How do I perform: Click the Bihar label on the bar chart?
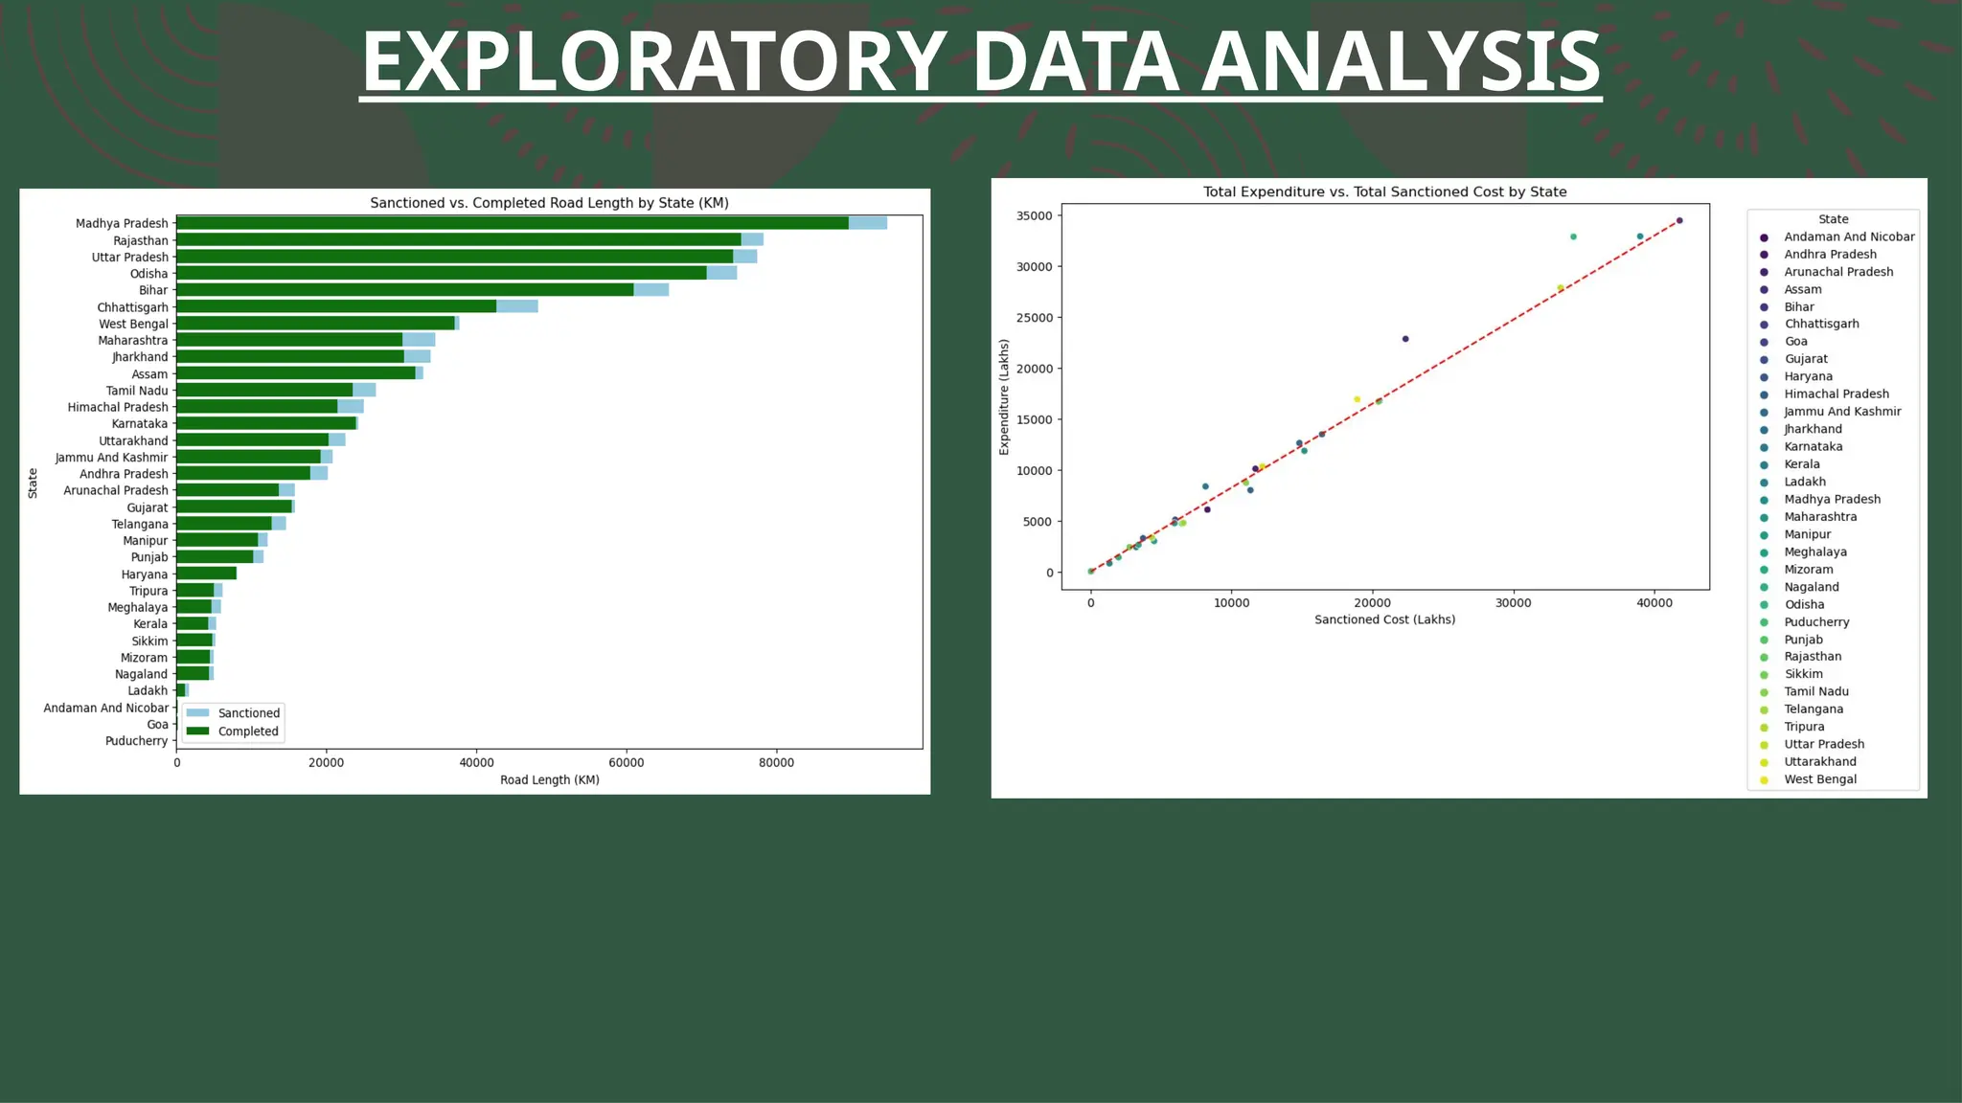(x=152, y=290)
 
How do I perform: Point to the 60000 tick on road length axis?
(x=627, y=763)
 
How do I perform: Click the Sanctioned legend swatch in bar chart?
(x=197, y=713)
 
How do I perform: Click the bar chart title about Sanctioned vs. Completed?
(x=549, y=203)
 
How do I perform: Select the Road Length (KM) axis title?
(x=549, y=780)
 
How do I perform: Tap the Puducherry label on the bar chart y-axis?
(x=136, y=741)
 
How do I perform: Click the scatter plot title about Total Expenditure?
(x=1384, y=191)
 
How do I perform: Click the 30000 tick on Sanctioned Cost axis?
(x=1513, y=603)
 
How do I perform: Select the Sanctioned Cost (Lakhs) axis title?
(x=1384, y=619)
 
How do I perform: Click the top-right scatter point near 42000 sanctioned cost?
(x=1679, y=220)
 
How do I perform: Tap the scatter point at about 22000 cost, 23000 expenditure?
(x=1405, y=339)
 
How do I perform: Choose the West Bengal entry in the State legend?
(x=1819, y=779)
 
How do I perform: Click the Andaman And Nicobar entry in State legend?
(x=1848, y=236)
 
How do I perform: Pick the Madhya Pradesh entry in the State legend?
(x=1832, y=499)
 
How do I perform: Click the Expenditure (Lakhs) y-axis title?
(x=1004, y=396)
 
